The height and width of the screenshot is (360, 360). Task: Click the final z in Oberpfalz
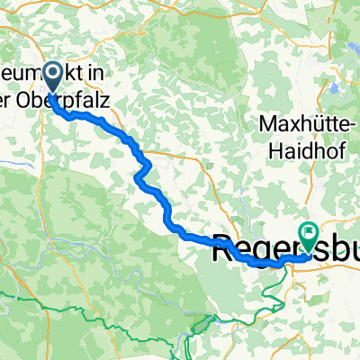click(x=107, y=103)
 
